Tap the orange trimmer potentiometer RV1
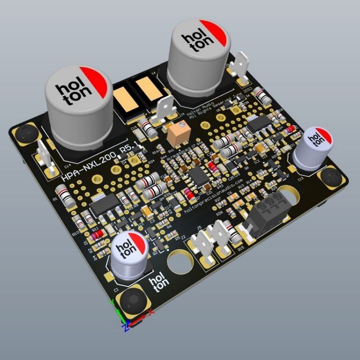point(175,134)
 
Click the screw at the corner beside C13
point(332,178)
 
